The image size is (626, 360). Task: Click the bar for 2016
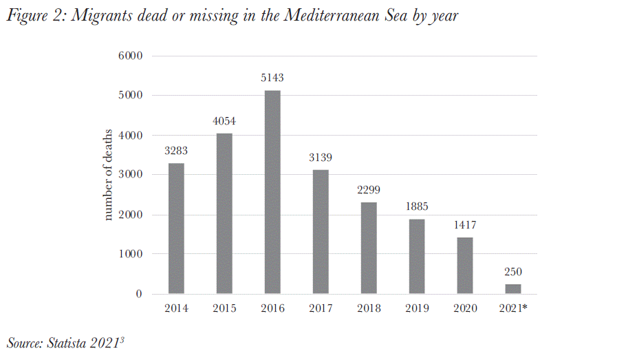coord(272,192)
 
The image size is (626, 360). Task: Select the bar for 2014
coord(176,229)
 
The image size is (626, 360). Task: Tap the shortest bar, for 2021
coord(513,289)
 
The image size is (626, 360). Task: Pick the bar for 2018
coord(369,248)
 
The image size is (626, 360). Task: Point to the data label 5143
coord(272,78)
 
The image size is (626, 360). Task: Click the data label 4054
coord(224,121)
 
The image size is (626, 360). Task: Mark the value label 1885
coord(417,207)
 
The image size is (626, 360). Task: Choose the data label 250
coord(513,273)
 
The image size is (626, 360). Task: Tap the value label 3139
coord(321,158)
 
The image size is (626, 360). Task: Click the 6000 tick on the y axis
coord(129,56)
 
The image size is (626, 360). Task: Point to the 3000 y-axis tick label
coord(129,175)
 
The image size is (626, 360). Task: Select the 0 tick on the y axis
coord(138,294)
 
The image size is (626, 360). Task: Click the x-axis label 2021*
coord(513,308)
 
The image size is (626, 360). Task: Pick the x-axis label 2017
coord(321,308)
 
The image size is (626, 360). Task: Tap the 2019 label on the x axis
coord(417,308)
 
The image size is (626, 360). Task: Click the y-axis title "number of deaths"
coord(108,175)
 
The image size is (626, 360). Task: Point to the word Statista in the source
coord(73,342)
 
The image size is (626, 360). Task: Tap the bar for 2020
coord(465,266)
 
